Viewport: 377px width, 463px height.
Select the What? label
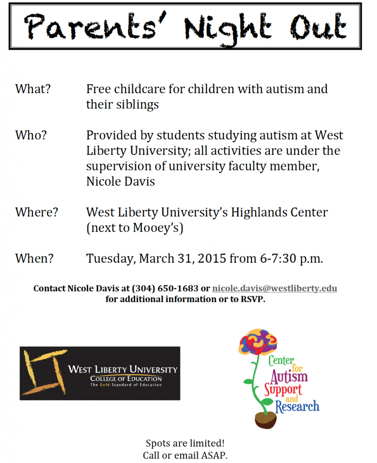point(33,89)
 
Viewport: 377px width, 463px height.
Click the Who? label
point(31,135)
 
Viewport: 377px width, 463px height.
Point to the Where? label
point(37,212)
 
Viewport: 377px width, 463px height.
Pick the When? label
point(34,259)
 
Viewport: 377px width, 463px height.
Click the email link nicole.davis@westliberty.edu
point(274,288)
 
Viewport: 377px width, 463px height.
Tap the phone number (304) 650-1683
point(165,288)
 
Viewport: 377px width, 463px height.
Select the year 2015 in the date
point(212,259)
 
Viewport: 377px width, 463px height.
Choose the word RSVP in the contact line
point(251,299)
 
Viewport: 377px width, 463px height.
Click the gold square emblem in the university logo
point(43,373)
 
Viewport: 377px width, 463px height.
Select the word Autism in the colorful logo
point(289,376)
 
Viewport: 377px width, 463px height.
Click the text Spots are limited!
point(185,443)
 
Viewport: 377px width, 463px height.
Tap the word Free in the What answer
point(99,89)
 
